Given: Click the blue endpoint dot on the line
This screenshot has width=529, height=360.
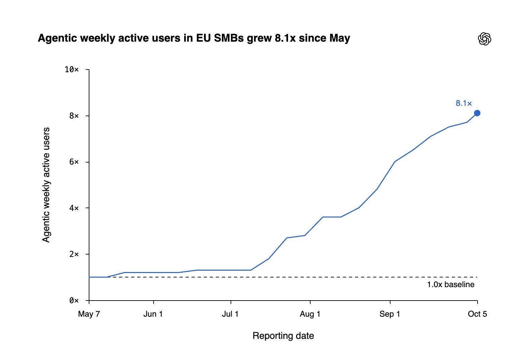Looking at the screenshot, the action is coord(477,113).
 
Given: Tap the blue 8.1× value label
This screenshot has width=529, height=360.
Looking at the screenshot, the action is coord(463,103).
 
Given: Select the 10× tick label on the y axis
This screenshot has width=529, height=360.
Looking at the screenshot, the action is coord(72,70).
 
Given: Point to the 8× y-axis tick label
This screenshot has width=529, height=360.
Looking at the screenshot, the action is coord(74,116).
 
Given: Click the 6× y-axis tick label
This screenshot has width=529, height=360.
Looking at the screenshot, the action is coord(74,162).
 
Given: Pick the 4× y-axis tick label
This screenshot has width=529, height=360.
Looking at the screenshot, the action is coord(74,208).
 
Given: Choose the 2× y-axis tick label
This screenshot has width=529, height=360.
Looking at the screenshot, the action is coord(74,254).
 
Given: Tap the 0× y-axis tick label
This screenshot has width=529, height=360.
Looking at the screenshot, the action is coord(74,300).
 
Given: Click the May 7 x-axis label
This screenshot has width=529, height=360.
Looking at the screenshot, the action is coord(89,314).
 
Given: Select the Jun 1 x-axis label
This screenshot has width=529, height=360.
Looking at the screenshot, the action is coord(153,314).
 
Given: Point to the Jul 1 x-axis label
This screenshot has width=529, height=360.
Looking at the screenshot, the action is coord(230,314).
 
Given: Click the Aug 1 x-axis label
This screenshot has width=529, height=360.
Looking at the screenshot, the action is coord(310,314).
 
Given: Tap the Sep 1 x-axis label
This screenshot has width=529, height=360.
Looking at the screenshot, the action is coord(390,314).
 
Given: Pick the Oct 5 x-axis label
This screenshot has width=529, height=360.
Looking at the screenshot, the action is coord(477,314).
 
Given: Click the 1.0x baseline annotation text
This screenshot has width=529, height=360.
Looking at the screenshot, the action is coord(451,284).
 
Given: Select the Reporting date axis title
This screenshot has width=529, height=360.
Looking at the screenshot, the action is coord(283,336).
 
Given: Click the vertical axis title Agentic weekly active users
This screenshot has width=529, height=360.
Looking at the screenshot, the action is coord(46,185).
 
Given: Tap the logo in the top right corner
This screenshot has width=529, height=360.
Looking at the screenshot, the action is coord(484,39).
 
